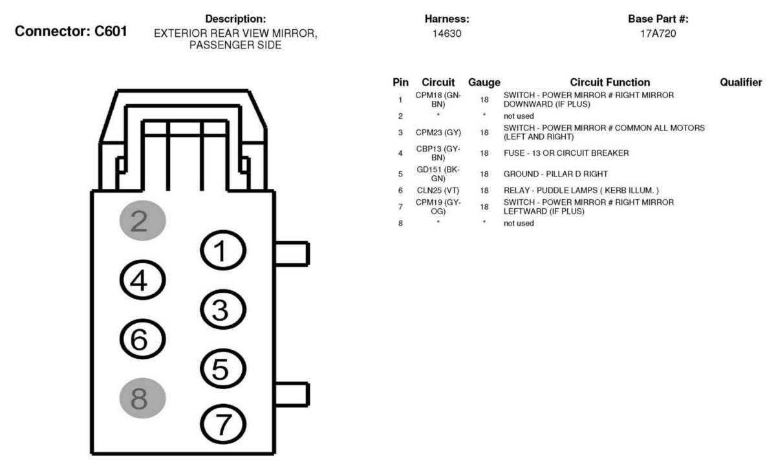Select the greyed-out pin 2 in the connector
(142, 220)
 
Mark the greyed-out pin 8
(142, 398)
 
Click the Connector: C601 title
(70, 31)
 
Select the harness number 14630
(447, 34)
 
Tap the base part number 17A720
(658, 34)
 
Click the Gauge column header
(484, 83)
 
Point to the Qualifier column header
(740, 83)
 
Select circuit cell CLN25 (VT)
(438, 191)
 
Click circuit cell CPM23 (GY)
(438, 133)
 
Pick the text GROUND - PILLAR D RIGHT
(555, 174)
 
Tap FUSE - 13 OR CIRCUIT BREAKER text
(566, 153)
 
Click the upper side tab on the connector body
(292, 254)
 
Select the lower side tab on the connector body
(292, 394)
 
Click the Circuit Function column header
(610, 83)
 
